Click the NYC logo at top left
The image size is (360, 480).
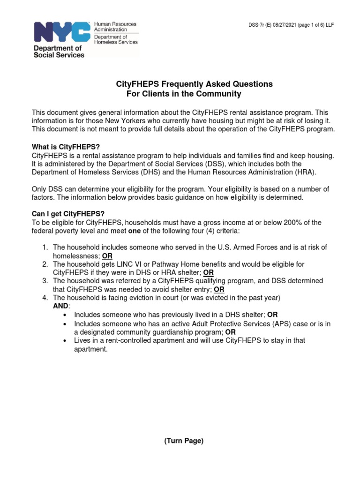click(60, 32)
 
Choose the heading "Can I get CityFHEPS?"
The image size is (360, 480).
click(68, 214)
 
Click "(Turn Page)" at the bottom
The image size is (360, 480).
click(183, 441)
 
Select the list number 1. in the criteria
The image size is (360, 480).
click(45, 247)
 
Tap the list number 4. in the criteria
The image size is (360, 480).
click(45, 298)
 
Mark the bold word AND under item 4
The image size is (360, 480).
click(61, 306)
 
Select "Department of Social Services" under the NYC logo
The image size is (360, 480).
click(58, 51)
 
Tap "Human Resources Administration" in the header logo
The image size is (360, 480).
click(115, 27)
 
